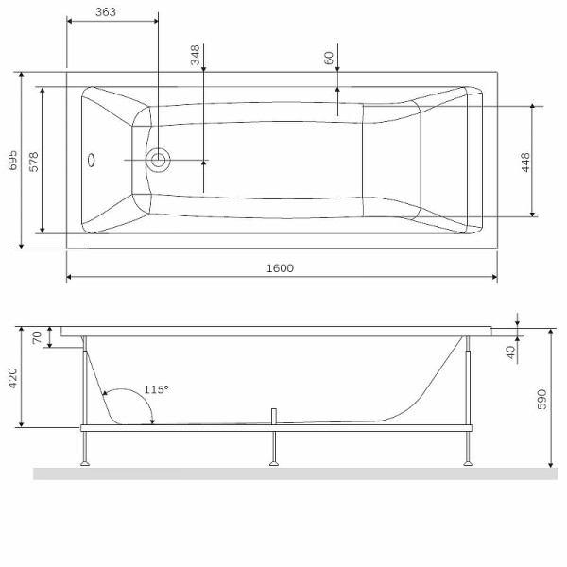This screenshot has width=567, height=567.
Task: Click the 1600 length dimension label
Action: (x=280, y=267)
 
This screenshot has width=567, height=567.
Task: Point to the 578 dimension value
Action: (x=33, y=160)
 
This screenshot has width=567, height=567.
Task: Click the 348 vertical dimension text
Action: (x=196, y=55)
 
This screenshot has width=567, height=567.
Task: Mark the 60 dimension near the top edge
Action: (x=329, y=58)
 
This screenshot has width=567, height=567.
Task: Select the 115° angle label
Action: (x=156, y=389)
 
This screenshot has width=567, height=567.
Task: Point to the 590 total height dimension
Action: (x=541, y=399)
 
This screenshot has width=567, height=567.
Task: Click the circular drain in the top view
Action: (x=158, y=160)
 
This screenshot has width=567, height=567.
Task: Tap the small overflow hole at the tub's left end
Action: (x=92, y=160)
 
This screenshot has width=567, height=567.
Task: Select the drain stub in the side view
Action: (x=274, y=416)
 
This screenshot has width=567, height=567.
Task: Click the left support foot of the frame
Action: (x=85, y=462)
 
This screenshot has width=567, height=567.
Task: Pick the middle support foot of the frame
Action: (x=274, y=462)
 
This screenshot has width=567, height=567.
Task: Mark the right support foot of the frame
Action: (x=468, y=462)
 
